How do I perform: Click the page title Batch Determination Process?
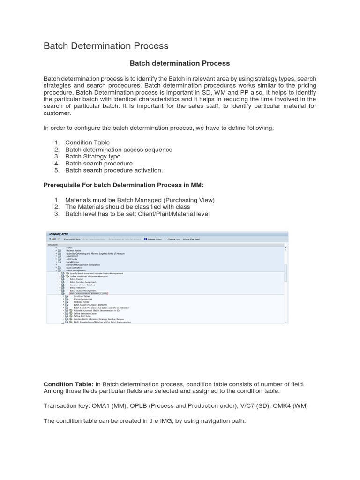click(x=105, y=46)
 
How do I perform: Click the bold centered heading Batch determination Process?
click(x=180, y=63)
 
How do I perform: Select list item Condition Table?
click(x=87, y=142)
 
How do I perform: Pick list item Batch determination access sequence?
click(x=119, y=150)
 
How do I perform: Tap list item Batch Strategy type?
click(x=92, y=157)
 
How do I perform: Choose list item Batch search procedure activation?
click(x=114, y=171)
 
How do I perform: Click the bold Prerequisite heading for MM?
click(x=123, y=185)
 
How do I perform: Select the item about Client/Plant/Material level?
click(x=137, y=214)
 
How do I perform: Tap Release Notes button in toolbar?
click(x=153, y=240)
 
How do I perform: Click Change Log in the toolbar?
click(x=173, y=240)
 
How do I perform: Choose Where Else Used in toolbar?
click(x=191, y=240)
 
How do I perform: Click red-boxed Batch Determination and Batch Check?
click(x=88, y=293)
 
